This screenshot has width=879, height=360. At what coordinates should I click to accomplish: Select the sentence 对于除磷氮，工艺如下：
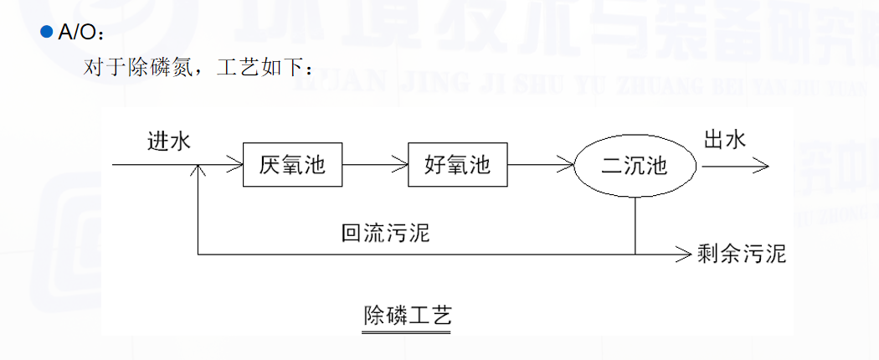pos(199,67)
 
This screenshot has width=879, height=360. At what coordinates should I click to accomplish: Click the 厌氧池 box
pos(292,166)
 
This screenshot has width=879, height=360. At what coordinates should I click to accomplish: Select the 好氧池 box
pos(457,166)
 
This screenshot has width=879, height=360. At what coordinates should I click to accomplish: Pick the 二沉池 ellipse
pos(635,166)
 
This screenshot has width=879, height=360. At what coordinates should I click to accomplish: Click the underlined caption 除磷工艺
pos(408,316)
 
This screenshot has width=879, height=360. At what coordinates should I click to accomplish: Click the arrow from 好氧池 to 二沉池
pos(541,166)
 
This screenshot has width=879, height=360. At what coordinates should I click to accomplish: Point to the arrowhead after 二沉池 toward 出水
pos(761,166)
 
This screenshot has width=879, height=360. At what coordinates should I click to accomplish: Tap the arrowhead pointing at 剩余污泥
pos(685,253)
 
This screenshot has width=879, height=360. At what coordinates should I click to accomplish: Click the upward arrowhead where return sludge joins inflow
pos(198,171)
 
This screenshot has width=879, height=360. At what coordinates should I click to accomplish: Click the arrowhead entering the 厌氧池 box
pos(237,166)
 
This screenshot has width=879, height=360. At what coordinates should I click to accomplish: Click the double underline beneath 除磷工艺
pos(408,332)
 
